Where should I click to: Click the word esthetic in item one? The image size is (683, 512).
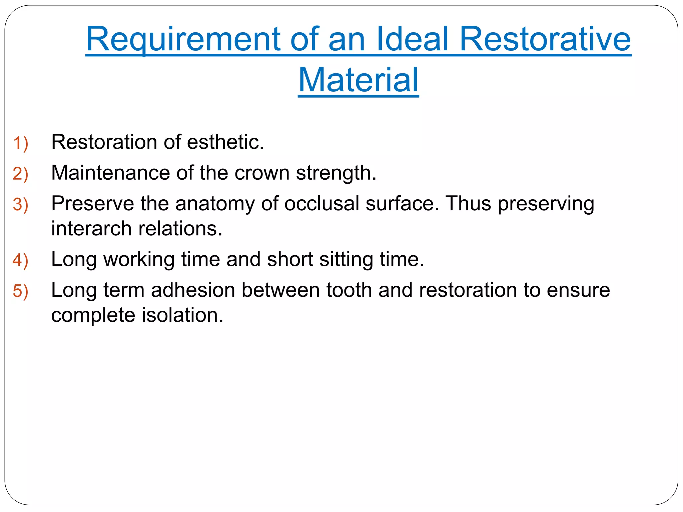(225, 142)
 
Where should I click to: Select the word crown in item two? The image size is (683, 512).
(262, 173)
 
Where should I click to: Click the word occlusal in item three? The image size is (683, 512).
(321, 203)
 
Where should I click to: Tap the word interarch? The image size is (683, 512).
(91, 229)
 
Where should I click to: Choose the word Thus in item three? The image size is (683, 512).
(468, 203)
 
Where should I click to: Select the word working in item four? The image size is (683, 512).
(139, 259)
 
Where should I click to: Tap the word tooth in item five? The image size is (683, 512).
(349, 290)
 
